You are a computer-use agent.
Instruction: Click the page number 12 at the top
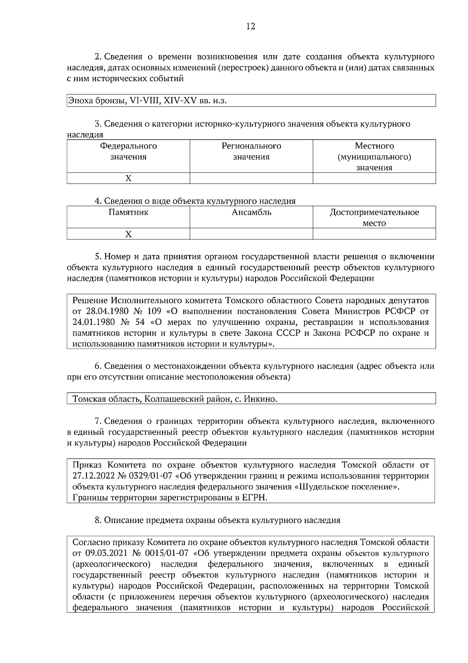pos(251,27)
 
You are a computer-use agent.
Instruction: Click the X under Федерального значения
pos(128,178)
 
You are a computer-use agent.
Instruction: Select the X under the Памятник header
pos(128,234)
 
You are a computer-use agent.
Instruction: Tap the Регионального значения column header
pos(251,151)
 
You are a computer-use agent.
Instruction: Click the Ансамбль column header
pos(251,212)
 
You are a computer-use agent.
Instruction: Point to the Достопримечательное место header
pos(374,217)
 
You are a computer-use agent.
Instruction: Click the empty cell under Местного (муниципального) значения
pos(374,178)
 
